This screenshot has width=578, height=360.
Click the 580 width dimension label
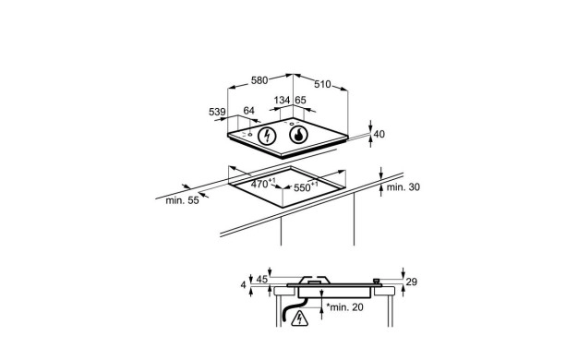(259, 80)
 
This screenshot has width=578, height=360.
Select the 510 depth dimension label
(322, 84)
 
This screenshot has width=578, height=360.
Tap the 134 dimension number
(282, 101)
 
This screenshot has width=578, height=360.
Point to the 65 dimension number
(300, 101)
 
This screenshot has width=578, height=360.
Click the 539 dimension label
(217, 112)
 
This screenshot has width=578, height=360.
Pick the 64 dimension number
(248, 111)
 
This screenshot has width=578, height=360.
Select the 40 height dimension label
(379, 134)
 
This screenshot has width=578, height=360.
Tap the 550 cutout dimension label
(306, 187)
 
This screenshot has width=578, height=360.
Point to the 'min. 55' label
(182, 200)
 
